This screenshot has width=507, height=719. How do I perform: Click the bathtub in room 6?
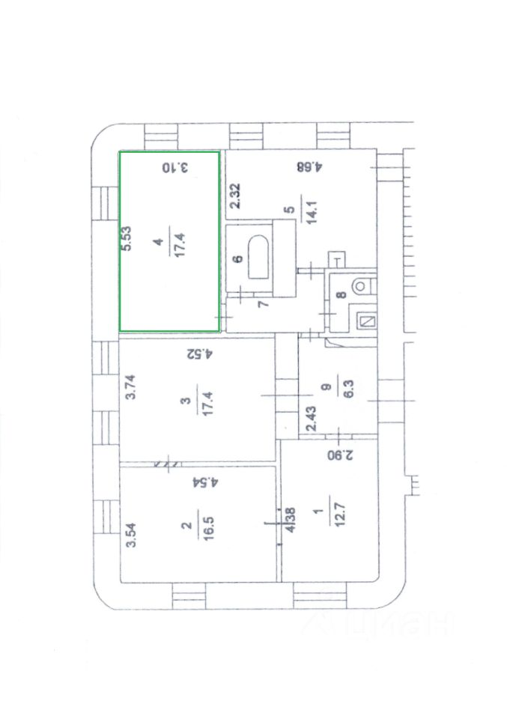point(259,258)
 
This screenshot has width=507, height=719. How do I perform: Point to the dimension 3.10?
point(173,168)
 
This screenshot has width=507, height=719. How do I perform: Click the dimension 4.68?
point(309,168)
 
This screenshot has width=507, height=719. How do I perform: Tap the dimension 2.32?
point(235,196)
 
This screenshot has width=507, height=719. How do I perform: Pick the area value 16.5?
point(198,521)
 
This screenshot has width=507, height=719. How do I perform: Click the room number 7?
point(261,304)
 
